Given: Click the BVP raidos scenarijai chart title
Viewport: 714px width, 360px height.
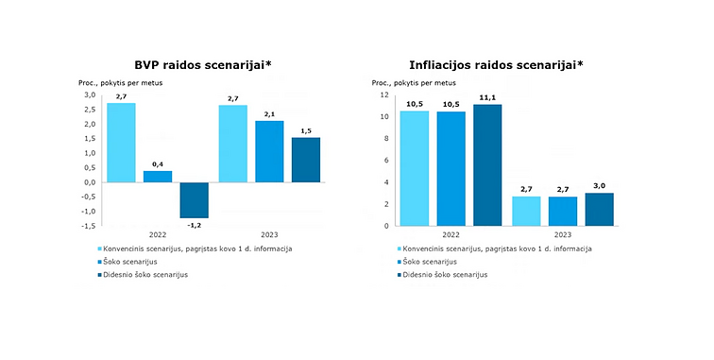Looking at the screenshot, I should [196, 64].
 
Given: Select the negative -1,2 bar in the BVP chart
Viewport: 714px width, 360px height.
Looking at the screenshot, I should [194, 199].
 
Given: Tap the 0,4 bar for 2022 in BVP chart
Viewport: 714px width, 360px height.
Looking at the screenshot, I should [158, 176].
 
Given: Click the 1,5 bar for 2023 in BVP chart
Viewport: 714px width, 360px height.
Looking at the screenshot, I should [306, 160].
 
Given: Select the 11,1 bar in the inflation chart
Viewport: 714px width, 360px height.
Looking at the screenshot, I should [487, 165].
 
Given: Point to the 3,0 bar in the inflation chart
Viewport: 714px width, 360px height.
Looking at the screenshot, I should [599, 210].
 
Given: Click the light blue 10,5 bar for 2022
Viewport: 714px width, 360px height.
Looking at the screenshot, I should [414, 168].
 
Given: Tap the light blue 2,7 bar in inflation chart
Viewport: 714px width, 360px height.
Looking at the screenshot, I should [526, 211].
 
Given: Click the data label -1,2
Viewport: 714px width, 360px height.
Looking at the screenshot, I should [194, 225].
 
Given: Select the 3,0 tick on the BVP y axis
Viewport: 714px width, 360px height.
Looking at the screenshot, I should [90, 95].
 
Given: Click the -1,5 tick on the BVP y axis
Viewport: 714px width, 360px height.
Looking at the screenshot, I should [88, 226].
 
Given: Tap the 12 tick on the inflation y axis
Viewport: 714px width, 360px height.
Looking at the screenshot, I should [384, 95].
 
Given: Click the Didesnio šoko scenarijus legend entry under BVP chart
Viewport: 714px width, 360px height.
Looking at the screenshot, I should [146, 274].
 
